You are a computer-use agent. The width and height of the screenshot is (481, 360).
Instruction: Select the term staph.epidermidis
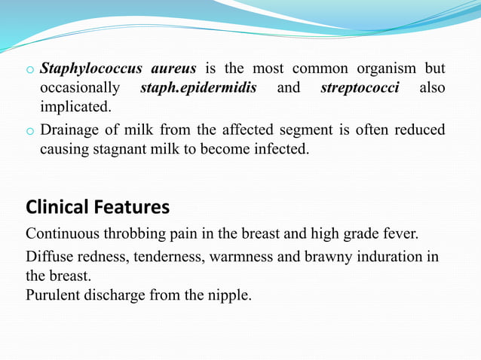[x=199, y=88]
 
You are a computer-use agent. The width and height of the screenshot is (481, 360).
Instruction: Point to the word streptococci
[x=360, y=88]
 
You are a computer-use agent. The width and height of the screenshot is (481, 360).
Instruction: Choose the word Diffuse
[x=52, y=257]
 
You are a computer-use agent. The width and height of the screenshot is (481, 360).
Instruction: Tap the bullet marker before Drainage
[x=30, y=131]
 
